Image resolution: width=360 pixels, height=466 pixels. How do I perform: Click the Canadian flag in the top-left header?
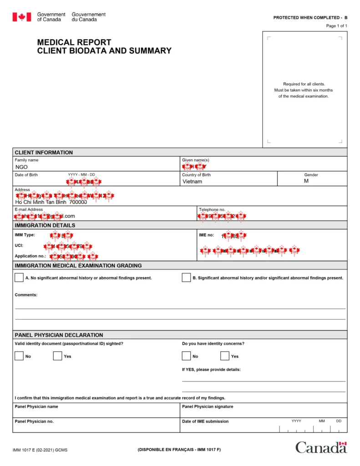pyautogui.click(x=22, y=17)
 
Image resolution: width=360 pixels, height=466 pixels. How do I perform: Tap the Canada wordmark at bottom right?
pyautogui.click(x=321, y=447)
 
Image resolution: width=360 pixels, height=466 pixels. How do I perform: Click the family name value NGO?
pyautogui.click(x=22, y=167)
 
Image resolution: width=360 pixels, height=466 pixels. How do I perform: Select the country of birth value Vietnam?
pyautogui.click(x=192, y=182)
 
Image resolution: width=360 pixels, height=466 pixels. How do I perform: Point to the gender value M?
pyautogui.click(x=306, y=181)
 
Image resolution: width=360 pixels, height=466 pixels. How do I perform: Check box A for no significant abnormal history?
pyautogui.click(x=19, y=278)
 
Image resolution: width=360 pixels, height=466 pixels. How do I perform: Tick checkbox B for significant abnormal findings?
pyautogui.click(x=186, y=278)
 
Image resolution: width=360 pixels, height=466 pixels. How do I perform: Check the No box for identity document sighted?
pyautogui.click(x=19, y=356)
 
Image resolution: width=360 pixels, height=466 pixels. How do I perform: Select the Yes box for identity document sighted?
pyautogui.click(x=57, y=356)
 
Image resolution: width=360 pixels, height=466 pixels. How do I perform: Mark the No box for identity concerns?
pyautogui.click(x=186, y=356)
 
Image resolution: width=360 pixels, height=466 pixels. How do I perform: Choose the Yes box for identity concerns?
pyautogui.click(x=225, y=356)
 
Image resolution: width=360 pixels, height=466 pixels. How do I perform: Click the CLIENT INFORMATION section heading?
pyautogui.click(x=44, y=152)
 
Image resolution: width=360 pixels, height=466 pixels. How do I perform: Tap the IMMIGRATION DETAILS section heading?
pyautogui.click(x=45, y=225)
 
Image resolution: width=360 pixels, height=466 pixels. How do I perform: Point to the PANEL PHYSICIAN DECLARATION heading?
pyautogui.click(x=59, y=335)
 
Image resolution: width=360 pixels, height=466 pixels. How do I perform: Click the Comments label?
pyautogui.click(x=26, y=295)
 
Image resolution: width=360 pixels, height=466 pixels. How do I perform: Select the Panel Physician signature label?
pyautogui.click(x=208, y=406)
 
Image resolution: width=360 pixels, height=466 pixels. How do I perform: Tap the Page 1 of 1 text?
pyautogui.click(x=336, y=26)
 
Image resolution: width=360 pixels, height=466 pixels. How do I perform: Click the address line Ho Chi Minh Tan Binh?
pyautogui.click(x=51, y=202)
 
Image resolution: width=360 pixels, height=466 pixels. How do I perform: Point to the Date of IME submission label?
pyautogui.click(x=205, y=421)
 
